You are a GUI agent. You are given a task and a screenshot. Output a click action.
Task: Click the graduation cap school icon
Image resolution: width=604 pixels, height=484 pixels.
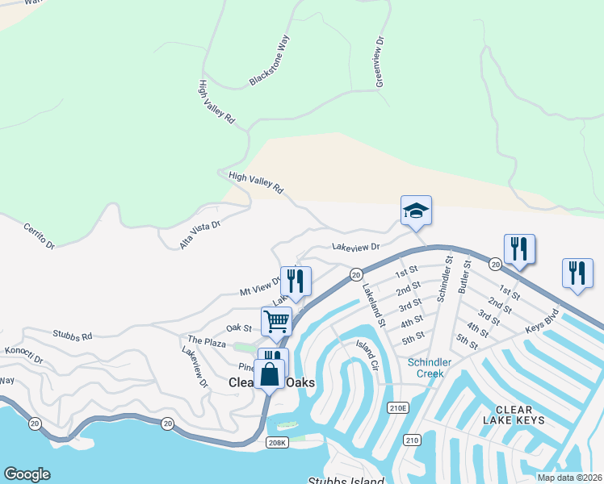pyautogui.click(x=416, y=211)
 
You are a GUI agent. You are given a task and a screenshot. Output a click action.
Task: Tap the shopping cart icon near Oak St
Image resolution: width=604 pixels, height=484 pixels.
pyautogui.click(x=276, y=321)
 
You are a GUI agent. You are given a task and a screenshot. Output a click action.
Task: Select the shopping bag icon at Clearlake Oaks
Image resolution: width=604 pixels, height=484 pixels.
pyautogui.click(x=269, y=375)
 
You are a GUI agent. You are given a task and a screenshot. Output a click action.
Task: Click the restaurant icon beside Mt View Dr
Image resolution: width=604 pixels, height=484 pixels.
pyautogui.click(x=296, y=282)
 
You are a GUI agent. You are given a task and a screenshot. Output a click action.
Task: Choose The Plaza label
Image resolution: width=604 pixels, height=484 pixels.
pyautogui.click(x=207, y=343)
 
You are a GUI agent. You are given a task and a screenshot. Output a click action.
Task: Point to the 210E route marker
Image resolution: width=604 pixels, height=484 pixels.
pyautogui.click(x=397, y=409)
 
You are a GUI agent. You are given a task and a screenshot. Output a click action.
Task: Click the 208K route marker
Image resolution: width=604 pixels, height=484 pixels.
pyautogui.click(x=276, y=442)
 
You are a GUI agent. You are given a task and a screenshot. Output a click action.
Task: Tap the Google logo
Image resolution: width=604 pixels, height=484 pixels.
pyautogui.click(x=27, y=474)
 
